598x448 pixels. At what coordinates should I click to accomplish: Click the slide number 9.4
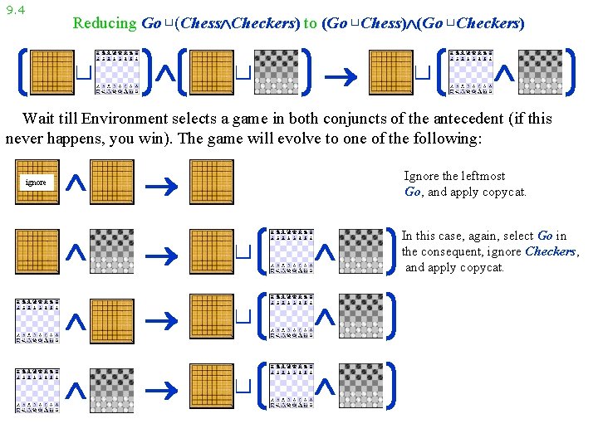pos(15,11)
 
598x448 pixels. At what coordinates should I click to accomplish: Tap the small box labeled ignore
pos(37,182)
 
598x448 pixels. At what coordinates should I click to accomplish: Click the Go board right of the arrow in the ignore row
pos(212,182)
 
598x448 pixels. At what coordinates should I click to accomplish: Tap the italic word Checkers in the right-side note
pos(551,251)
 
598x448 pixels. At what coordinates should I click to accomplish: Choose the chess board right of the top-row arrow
pos(470,71)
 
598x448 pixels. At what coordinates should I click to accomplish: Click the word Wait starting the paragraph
pos(38,119)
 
